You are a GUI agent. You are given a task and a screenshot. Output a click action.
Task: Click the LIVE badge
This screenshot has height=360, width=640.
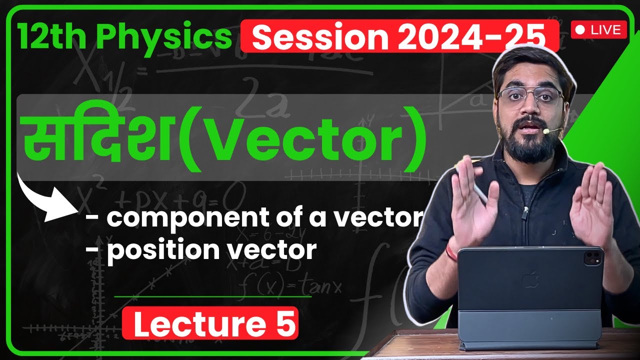pos(598,30)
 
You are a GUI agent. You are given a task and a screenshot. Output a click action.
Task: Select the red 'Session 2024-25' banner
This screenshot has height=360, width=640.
pos(399,36)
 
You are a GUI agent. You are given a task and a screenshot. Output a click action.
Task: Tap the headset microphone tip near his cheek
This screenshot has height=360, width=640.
pos(547,131)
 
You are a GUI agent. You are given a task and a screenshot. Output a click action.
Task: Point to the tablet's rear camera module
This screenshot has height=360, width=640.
pos(592,258)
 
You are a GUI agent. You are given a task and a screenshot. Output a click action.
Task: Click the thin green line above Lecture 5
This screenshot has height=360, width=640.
pos(212,296)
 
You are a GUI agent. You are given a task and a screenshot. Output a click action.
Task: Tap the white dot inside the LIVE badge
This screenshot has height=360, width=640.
pos(580,30)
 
